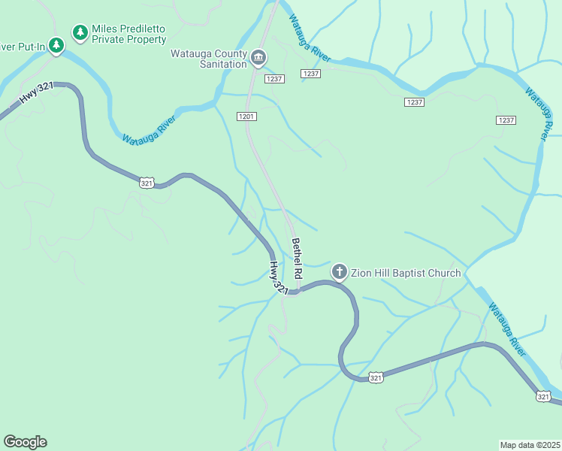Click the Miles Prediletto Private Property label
128,34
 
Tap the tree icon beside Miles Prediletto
80,32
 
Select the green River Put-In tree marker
56,46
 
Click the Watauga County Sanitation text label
209,59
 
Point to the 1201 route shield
246,117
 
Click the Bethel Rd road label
297,258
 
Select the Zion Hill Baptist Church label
406,272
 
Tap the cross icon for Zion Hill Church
339,272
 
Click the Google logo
25,442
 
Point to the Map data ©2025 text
530,445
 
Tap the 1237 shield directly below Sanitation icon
274,79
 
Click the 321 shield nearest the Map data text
542,396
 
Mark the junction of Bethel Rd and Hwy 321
298,290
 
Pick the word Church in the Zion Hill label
443,272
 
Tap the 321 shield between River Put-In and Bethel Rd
147,182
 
